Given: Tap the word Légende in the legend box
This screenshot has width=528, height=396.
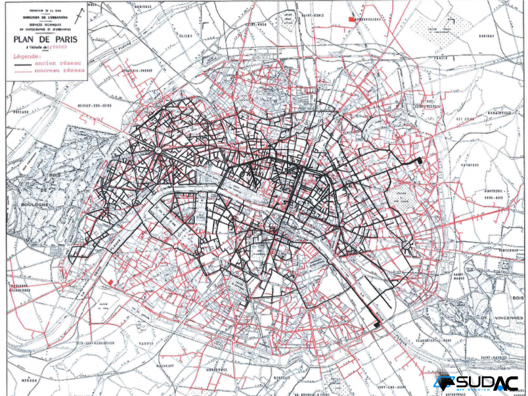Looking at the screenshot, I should (27, 56).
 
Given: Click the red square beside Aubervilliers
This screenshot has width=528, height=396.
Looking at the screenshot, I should (351, 22).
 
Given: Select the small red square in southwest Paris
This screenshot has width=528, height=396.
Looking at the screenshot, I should (111, 282).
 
